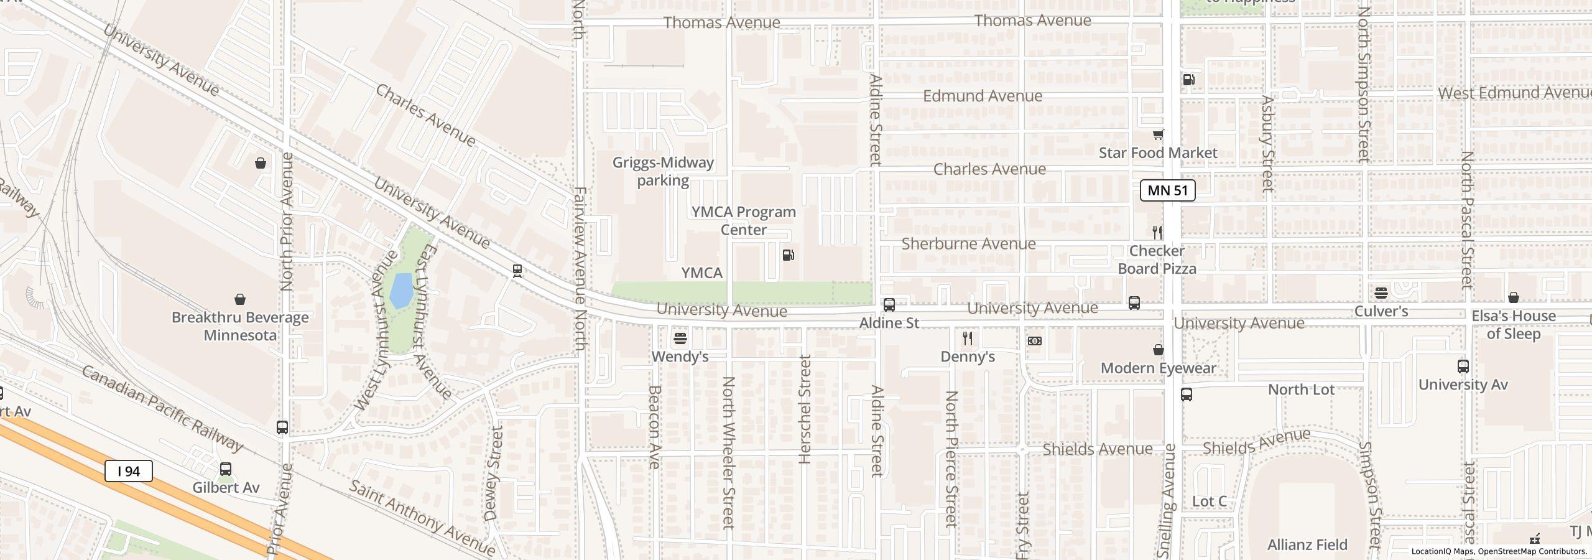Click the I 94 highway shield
129,471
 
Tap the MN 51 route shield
1167,190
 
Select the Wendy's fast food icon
680,339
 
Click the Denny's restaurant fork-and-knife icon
968,338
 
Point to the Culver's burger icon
1381,292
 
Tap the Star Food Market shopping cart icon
1157,134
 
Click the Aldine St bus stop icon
889,305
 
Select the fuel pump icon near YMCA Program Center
788,255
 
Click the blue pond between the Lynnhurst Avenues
401,291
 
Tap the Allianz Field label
1307,545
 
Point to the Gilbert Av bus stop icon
226,469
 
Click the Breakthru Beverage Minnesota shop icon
239,300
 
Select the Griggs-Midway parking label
663,171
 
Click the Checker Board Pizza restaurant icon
1157,233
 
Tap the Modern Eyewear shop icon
1158,350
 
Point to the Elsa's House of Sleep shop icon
1513,298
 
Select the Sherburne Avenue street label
968,244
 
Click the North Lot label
1301,390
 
